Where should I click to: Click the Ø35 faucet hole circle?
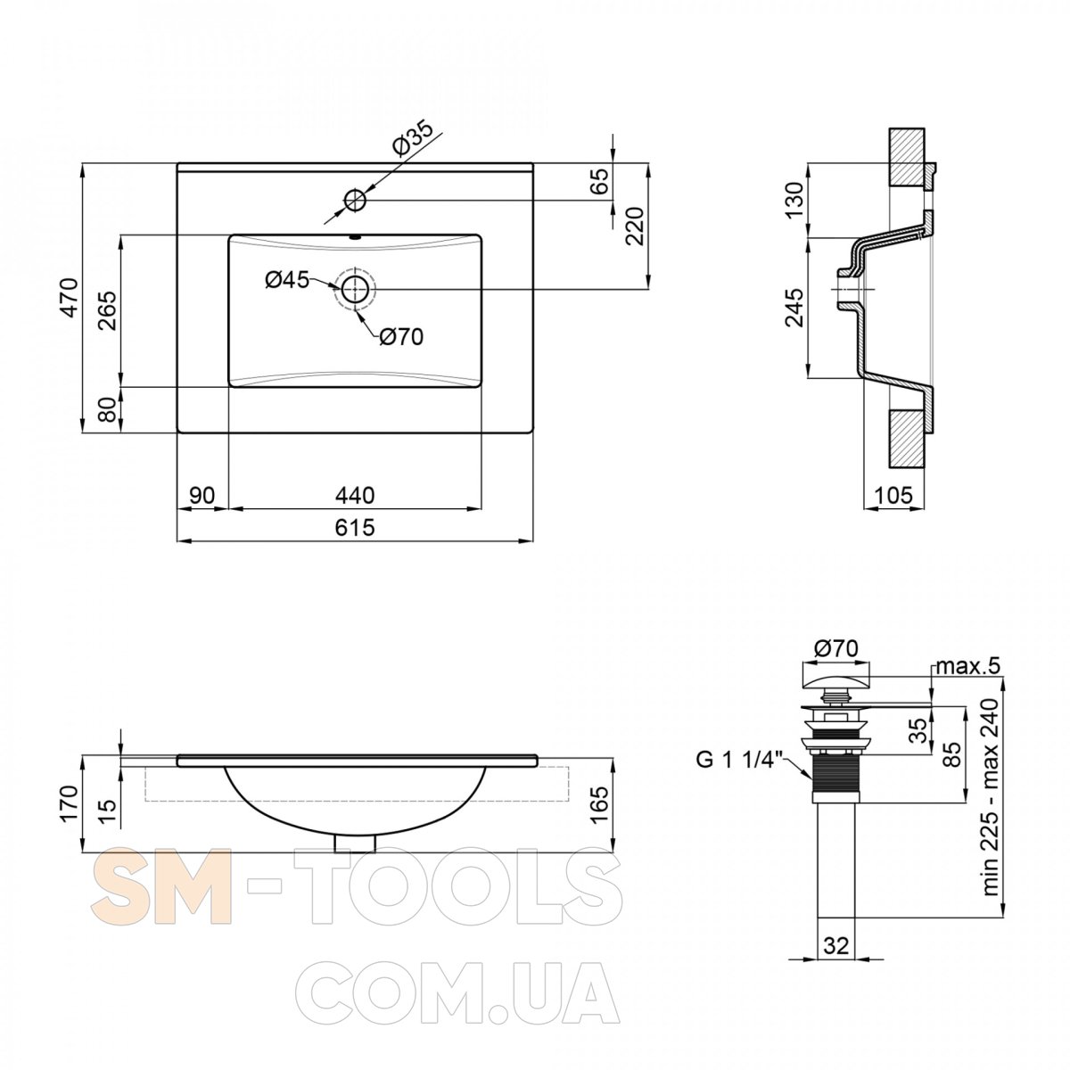coord(355,200)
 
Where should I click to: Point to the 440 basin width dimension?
coord(355,495)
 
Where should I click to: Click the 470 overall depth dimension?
coord(70,298)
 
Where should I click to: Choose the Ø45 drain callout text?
coord(286,280)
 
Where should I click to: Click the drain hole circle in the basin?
coord(355,289)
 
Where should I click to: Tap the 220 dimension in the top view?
coord(634,226)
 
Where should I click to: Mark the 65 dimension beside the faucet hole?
coord(600,181)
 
